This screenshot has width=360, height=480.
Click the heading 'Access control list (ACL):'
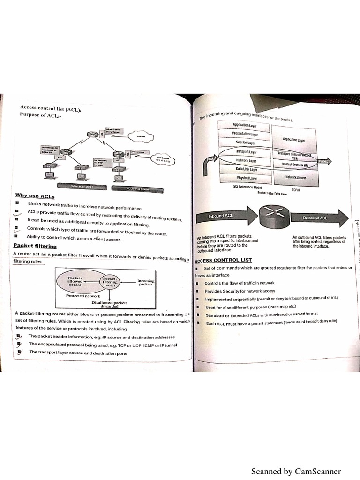tap(51, 108)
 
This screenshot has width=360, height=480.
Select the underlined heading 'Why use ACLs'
tap(32, 195)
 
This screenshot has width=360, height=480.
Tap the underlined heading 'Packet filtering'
tap(35, 246)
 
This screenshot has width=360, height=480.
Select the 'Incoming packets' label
tap(146, 282)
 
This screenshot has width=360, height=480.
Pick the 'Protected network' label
tap(83, 296)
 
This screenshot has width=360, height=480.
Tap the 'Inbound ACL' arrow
tap(223, 217)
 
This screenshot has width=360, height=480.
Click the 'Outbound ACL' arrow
tap(319, 218)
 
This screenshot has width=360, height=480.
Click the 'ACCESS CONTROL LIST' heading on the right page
tap(224, 260)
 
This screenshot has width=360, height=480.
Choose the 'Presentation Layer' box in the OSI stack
tap(245, 134)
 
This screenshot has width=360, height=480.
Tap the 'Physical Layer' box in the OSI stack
tap(247, 178)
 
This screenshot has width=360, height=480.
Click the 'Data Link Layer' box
tap(246, 169)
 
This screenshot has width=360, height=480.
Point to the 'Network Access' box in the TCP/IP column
tap(295, 178)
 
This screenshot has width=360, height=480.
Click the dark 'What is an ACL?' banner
tap(82, 187)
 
